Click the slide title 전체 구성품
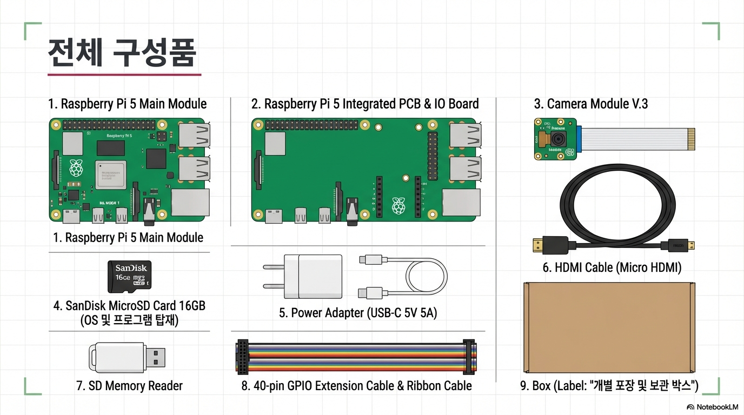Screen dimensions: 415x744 point(122,53)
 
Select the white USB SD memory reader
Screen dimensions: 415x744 point(127,357)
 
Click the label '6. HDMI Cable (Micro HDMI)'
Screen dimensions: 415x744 point(612,267)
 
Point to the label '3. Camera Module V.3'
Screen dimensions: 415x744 point(590,104)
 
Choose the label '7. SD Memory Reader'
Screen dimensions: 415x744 point(129,386)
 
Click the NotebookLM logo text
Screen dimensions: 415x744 point(717,407)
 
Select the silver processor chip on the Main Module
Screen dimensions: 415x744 point(111,174)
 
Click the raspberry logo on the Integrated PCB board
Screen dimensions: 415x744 point(398,206)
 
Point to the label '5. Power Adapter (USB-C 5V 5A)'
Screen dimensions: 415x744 point(358,313)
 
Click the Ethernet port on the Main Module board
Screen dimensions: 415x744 point(190,203)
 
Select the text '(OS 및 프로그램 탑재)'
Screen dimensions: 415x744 point(129,320)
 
